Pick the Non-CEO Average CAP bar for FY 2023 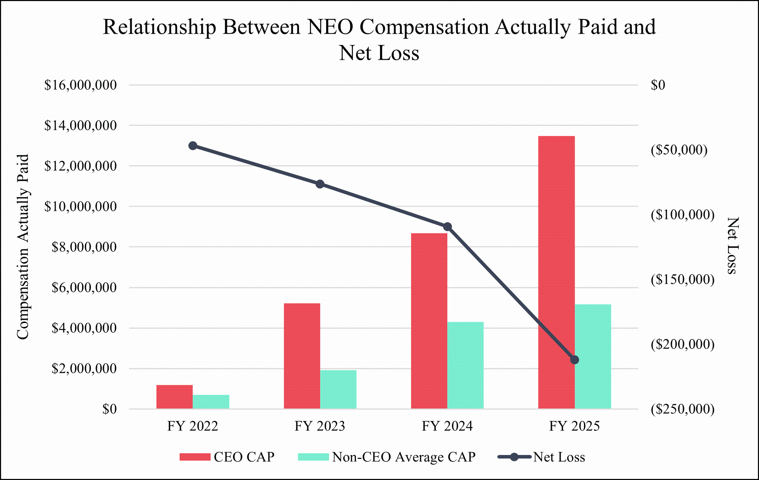coord(338,389)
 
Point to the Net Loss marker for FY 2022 coord(193,146)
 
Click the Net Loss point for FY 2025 coord(574,360)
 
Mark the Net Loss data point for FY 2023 coord(320,184)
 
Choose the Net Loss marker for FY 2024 coord(447,226)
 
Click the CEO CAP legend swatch coord(194,457)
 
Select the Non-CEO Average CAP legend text coord(404,457)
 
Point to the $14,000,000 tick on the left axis coord(80,125)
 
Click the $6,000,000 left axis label coord(84,288)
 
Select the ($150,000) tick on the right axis coord(682,279)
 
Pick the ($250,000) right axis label coord(682,409)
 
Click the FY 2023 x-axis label coord(320,426)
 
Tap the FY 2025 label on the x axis coord(574,426)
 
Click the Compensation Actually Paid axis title coord(23,247)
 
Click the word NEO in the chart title coord(330,27)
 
